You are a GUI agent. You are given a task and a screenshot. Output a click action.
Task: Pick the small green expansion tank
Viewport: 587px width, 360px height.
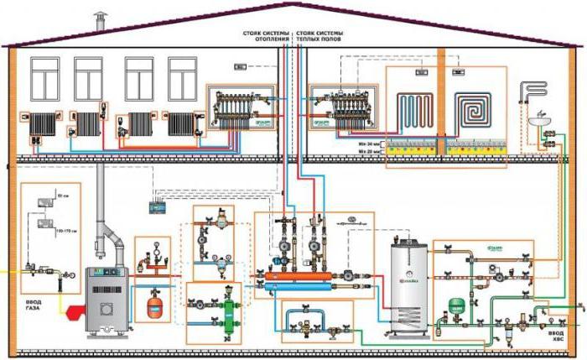458,303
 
